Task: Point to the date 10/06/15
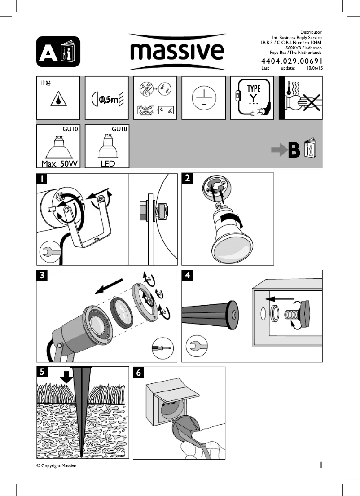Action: [x=314, y=68]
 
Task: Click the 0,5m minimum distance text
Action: [x=108, y=99]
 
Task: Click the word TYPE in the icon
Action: [x=254, y=89]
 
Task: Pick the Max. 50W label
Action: [x=58, y=163]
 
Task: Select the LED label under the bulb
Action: [x=107, y=163]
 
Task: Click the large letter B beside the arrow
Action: [x=294, y=150]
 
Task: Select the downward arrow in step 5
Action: [x=67, y=376]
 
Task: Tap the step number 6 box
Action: [x=139, y=373]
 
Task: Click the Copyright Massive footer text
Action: [x=56, y=466]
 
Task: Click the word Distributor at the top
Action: [x=311, y=33]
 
